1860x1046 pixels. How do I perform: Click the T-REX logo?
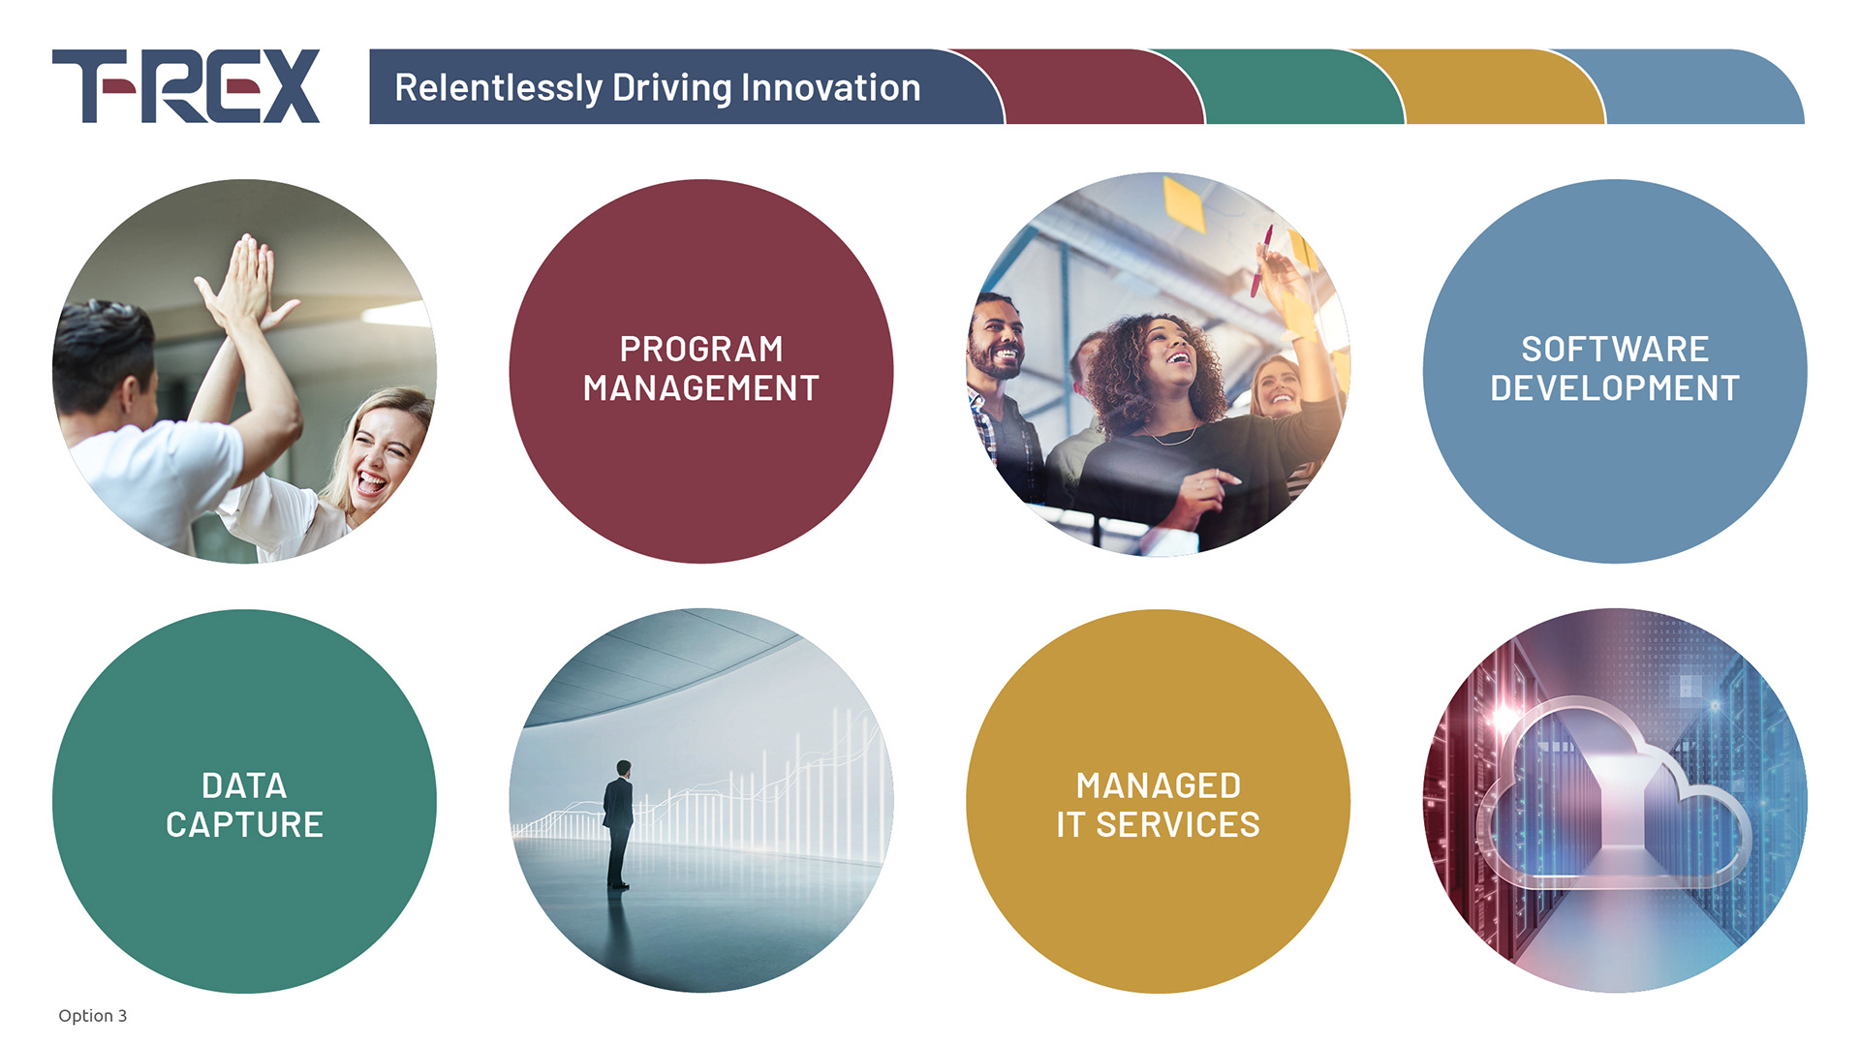click(186, 86)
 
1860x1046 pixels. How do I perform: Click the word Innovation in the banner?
click(831, 88)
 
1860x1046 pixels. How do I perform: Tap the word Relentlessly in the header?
click(498, 88)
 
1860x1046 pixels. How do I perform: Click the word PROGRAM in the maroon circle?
click(701, 349)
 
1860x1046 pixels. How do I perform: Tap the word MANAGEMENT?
click(701, 388)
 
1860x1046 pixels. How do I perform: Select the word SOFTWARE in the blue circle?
click(1615, 349)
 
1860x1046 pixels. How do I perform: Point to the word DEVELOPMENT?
click(1615, 388)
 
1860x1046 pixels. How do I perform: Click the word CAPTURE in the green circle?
click(244, 825)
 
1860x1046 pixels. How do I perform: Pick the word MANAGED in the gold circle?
click(1159, 785)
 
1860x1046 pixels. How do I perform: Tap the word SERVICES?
click(1178, 825)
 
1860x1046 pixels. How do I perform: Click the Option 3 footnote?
click(92, 1015)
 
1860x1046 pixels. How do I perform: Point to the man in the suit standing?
click(618, 824)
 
